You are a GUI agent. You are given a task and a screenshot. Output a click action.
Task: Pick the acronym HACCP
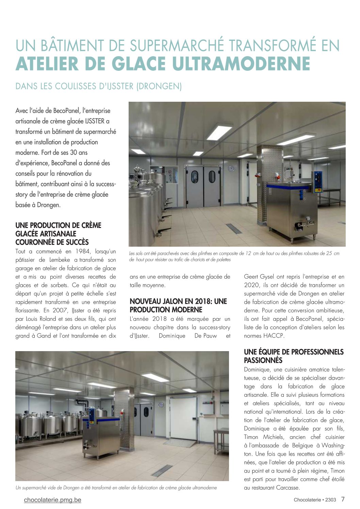(274, 336)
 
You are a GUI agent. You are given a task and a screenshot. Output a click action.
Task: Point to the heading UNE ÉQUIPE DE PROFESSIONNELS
(294, 352)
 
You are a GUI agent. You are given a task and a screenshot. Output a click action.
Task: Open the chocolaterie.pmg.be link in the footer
(53, 500)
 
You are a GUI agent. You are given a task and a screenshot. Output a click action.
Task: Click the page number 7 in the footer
(343, 499)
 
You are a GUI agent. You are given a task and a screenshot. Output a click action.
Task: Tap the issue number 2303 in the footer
(330, 500)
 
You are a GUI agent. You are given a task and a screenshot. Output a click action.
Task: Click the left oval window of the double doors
(195, 177)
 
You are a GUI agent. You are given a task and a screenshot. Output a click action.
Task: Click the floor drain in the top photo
(234, 228)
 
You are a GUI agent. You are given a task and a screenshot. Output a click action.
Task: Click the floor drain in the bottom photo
(162, 471)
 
